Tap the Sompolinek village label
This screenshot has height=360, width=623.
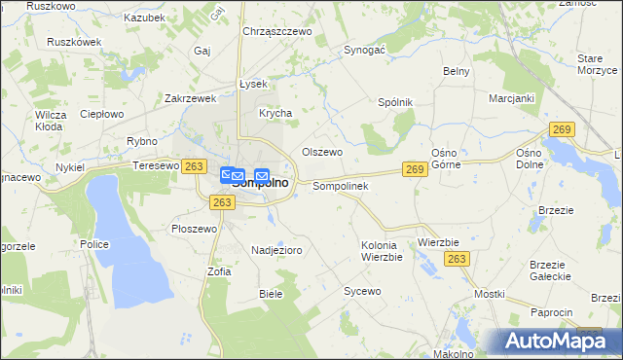(x=339, y=186)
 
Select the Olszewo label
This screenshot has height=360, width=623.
(x=322, y=152)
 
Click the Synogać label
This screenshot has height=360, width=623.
(x=365, y=49)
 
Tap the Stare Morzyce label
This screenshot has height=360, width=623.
(x=597, y=64)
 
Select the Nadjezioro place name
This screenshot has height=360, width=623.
(x=276, y=250)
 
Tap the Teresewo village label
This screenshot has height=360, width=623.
(x=156, y=166)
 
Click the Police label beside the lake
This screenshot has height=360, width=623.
(x=94, y=245)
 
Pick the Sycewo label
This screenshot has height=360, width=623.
(x=361, y=291)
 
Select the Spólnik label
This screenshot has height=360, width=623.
(x=395, y=102)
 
